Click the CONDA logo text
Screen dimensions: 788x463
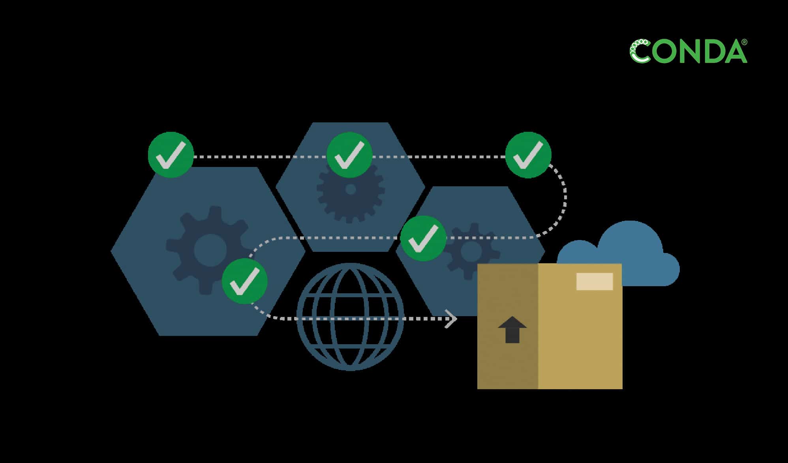(688, 51)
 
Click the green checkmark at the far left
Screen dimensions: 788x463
(171, 155)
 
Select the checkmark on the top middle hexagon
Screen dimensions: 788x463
(349, 155)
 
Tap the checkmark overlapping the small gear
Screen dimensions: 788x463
(423, 238)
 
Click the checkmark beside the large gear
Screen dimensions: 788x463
(245, 281)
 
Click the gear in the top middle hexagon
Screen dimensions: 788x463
(351, 197)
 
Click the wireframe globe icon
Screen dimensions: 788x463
(350, 317)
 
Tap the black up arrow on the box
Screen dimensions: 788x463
(512, 329)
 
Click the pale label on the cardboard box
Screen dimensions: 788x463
(595, 281)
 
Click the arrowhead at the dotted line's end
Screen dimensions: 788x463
(451, 319)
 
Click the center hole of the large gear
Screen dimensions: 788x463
(210, 250)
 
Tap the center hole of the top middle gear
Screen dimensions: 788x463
(351, 189)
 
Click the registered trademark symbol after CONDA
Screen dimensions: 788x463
(744, 42)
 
